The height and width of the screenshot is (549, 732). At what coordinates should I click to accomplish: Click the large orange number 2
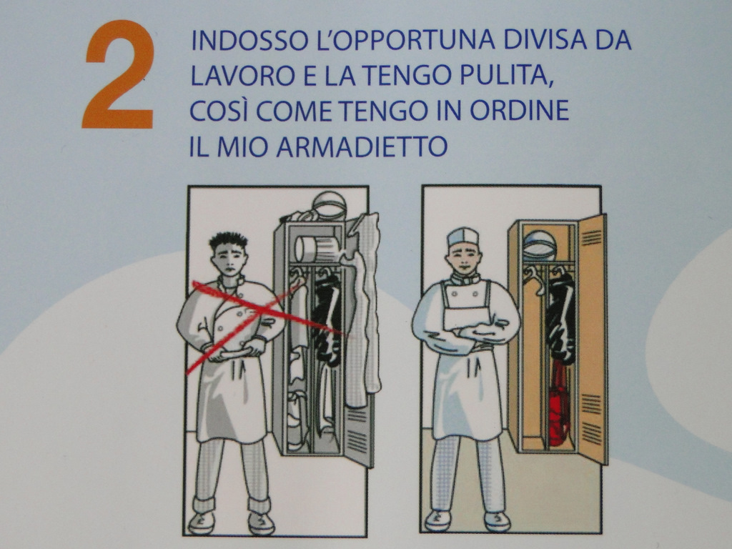click(119, 74)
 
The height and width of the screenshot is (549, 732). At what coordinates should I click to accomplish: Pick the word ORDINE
click(519, 111)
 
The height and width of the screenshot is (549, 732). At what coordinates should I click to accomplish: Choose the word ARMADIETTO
click(362, 146)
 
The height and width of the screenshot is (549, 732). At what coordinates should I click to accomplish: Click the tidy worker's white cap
click(463, 237)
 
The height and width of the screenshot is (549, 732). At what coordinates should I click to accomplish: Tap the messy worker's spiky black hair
click(228, 242)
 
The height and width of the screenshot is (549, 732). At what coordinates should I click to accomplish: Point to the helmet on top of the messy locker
click(330, 205)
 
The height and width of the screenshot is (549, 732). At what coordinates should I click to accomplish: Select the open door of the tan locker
click(593, 339)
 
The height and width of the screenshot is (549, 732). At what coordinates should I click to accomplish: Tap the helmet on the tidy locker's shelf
click(540, 246)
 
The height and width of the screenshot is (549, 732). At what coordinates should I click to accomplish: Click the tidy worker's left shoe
click(498, 521)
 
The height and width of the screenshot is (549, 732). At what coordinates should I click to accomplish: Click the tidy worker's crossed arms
click(466, 333)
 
